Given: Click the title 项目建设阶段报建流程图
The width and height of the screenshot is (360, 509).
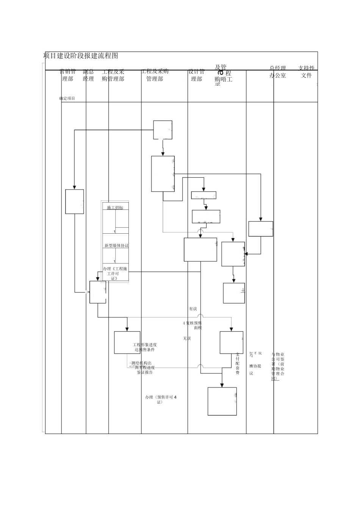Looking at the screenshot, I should point(81,56).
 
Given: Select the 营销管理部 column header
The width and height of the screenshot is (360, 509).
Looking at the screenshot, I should point(68,75).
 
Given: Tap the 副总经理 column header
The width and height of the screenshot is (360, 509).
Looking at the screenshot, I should point(88,75).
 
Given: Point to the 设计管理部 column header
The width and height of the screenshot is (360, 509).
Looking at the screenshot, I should point(197,75).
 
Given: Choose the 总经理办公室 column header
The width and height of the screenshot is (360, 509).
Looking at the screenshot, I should point(278,72).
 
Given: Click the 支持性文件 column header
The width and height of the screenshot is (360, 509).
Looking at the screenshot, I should point(306,72).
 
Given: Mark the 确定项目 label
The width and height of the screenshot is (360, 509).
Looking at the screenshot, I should point(67,98).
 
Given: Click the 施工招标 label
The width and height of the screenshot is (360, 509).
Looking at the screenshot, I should point(115,208).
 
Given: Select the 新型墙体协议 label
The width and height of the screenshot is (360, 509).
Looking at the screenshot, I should point(116,245).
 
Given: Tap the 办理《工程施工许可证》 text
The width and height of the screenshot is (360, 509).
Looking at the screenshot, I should point(115,273).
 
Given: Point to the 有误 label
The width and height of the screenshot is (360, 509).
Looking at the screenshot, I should point(193,309).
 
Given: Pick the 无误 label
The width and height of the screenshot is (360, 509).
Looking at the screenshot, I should point(187,338).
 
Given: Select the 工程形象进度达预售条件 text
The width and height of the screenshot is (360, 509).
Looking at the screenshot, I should point(145,347).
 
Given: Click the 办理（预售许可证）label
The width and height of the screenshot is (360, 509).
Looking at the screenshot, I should point(161,400).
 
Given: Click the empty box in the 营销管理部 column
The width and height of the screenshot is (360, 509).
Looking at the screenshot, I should point(75,201).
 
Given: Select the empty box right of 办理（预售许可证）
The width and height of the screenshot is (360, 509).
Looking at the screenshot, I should point(222,401).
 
